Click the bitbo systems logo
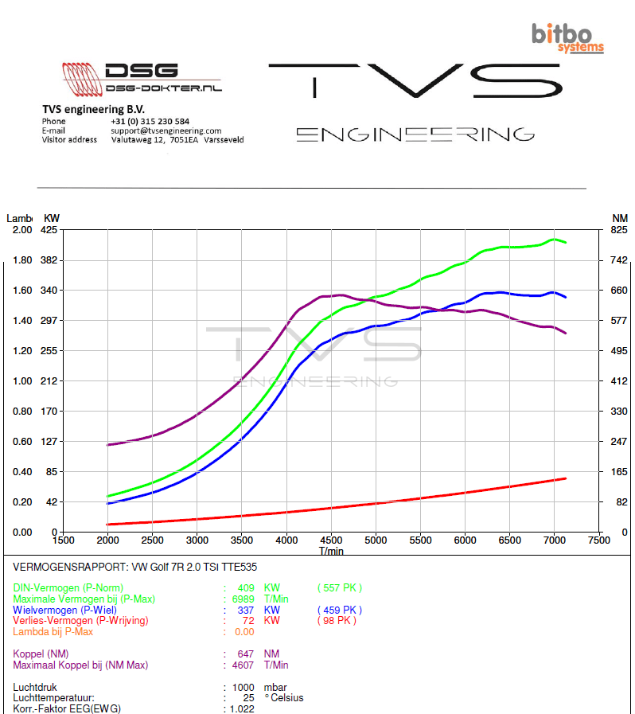tap(567, 37)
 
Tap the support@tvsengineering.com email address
tap(166, 131)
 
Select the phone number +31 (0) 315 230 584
tap(150, 122)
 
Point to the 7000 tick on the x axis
tap(554, 540)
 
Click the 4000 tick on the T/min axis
tap(286, 540)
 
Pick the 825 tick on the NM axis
tap(619, 230)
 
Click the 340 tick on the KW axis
tap(50, 291)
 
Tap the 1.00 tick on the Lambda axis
tap(22, 381)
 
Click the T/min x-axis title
tap(331, 550)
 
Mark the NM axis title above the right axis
tap(620, 218)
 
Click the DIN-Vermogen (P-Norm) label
tap(68, 588)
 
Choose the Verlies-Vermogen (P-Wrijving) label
tap(80, 621)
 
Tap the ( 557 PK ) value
tap(339, 588)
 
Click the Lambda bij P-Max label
tap(53, 632)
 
